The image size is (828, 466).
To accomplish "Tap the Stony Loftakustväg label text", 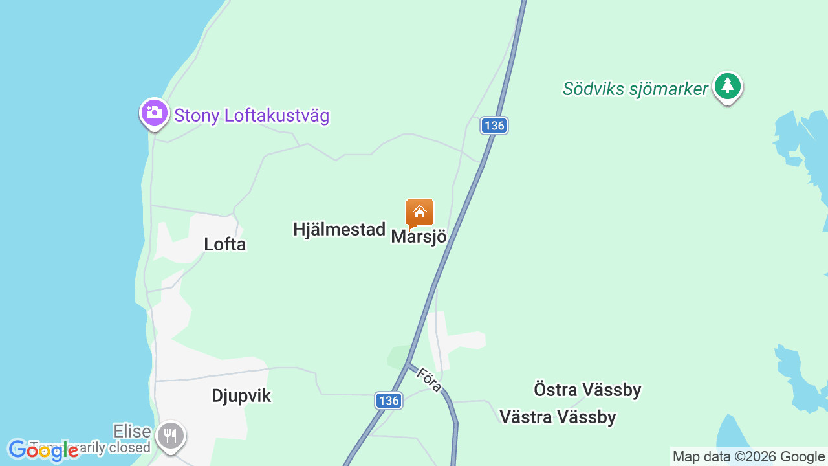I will coord(252,116).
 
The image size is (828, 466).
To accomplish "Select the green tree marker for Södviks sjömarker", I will coord(728,86).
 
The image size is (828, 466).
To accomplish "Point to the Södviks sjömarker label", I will coord(635,89).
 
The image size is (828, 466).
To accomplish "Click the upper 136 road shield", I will coord(494,126).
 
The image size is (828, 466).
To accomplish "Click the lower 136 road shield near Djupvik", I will coord(389,401).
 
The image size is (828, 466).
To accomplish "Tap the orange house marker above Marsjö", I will coord(419,212).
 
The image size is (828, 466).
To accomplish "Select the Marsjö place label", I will coord(419,237).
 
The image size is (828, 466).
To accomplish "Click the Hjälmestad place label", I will coord(339,229).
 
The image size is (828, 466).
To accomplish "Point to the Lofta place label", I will coord(224,244).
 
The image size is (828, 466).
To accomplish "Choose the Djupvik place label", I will coord(241,396).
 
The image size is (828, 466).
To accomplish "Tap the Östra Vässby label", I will coord(587,390).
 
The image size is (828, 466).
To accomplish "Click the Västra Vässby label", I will coord(558,417).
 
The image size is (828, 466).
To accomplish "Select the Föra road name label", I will coord(430,380).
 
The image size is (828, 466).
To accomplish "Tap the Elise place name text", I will coord(132,431).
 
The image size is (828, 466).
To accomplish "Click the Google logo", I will coord(43,450).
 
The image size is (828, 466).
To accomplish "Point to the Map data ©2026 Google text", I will coord(748,457).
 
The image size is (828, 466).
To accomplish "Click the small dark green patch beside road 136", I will coord(398,357).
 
